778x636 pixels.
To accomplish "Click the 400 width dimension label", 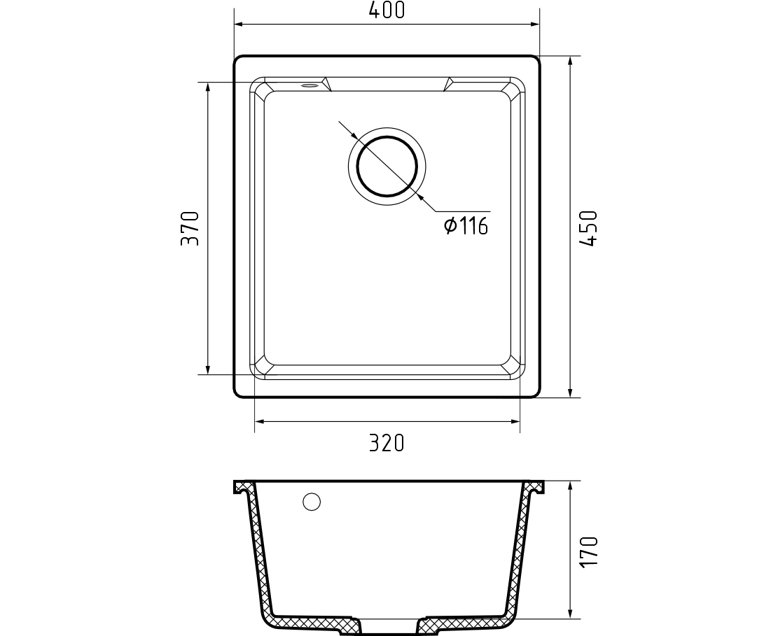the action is click(387, 10).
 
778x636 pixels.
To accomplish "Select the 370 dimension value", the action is click(190, 229).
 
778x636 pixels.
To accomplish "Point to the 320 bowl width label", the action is click(387, 443).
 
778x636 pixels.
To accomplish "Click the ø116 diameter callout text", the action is click(466, 226).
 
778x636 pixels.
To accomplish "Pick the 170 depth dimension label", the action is click(590, 552).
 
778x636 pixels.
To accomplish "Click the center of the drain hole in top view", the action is click(387, 166).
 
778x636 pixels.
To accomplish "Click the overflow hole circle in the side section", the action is click(312, 502).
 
